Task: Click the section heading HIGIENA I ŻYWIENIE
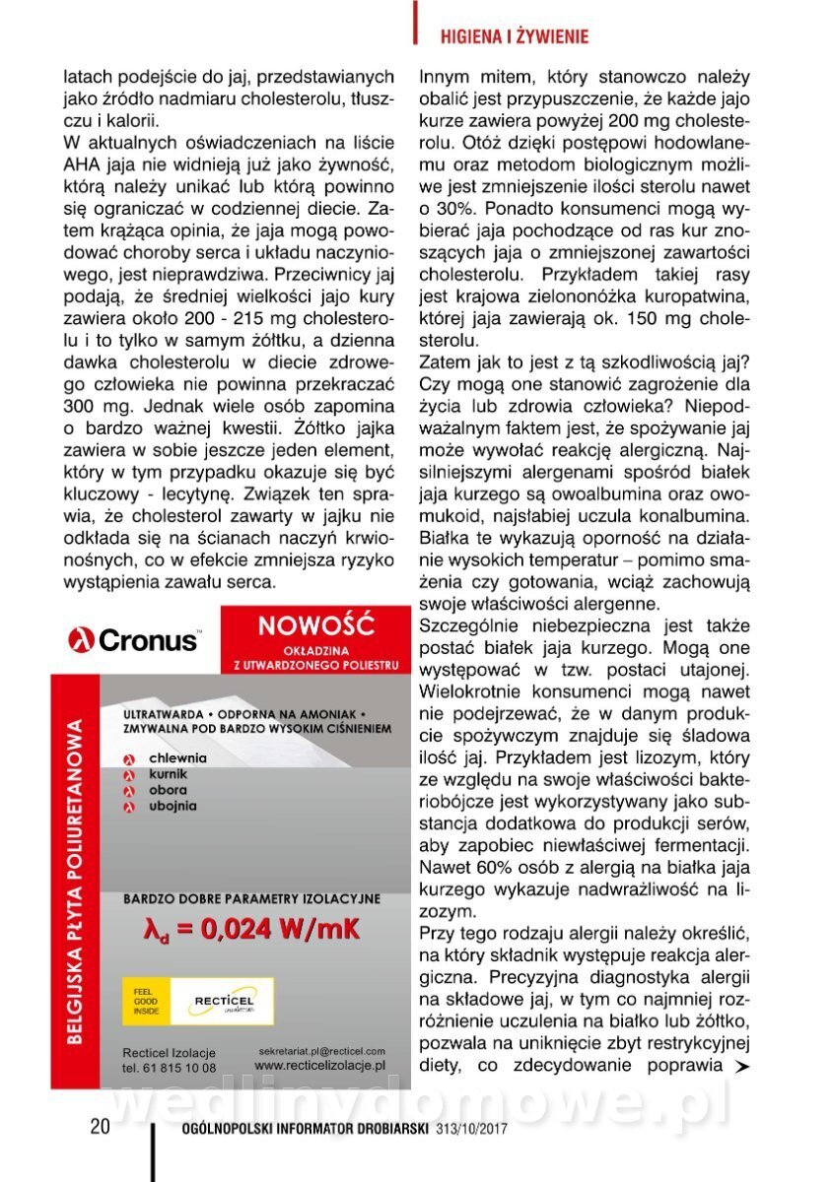tap(513, 37)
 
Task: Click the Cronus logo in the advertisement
tap(133, 640)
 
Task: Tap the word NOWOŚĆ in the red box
tap(315, 624)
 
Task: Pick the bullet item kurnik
tap(170, 774)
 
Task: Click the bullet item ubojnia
tap(173, 806)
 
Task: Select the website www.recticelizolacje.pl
tap(319, 1066)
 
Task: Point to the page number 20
tap(100, 1128)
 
